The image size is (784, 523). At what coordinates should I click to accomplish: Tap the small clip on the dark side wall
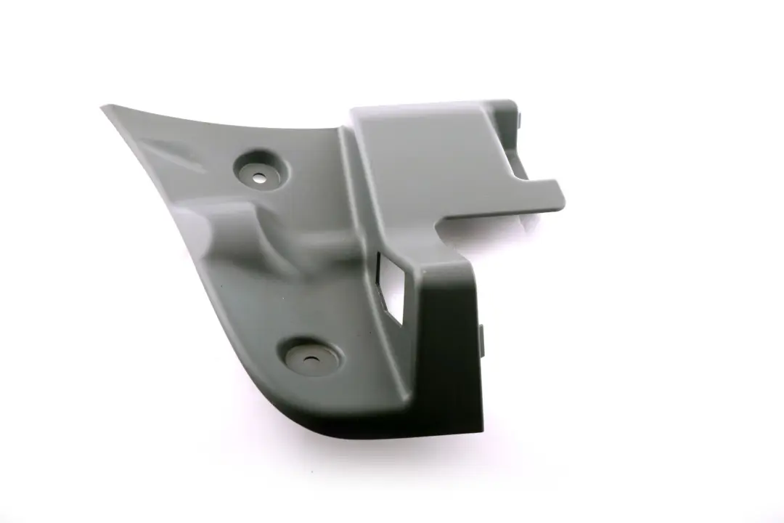[x=481, y=341]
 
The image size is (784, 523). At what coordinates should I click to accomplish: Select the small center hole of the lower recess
[x=311, y=358]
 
